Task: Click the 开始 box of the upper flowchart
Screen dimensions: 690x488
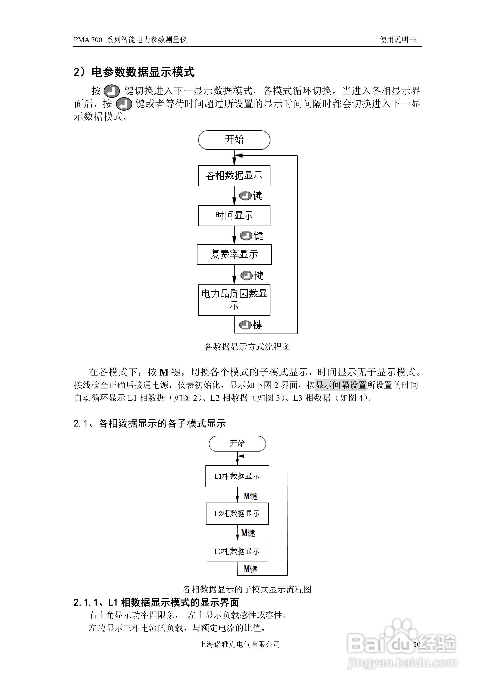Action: coord(234,140)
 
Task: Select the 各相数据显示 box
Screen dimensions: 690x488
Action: coord(234,176)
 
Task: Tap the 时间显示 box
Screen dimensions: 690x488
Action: coord(234,216)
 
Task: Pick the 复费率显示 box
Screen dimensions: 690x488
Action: coord(234,254)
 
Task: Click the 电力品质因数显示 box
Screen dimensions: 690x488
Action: coord(234,299)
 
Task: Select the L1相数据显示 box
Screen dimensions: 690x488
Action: coord(237,476)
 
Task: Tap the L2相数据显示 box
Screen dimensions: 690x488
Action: coord(237,514)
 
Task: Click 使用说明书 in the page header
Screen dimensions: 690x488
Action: coord(397,40)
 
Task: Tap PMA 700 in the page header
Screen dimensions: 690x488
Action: coord(88,40)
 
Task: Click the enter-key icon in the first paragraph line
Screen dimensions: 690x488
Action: coord(112,91)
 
